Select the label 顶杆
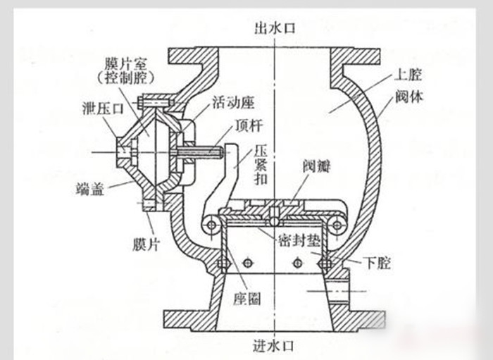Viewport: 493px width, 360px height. [247, 130]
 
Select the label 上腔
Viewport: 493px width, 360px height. [409, 73]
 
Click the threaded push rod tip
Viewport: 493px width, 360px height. [219, 151]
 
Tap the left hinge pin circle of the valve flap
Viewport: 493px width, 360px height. [209, 225]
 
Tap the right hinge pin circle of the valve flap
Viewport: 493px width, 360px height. [337, 225]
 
